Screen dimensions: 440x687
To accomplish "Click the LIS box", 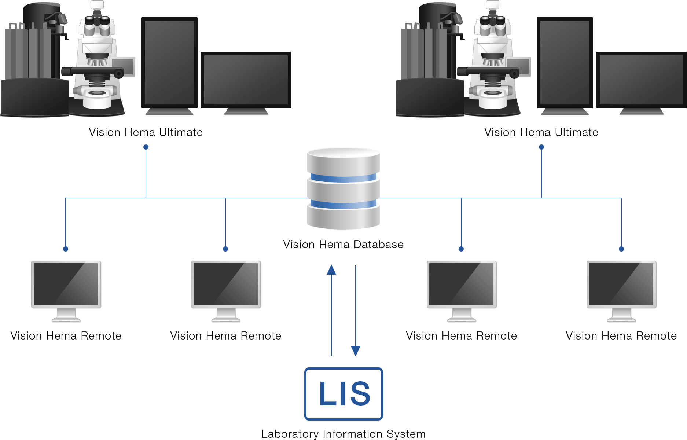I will (x=343, y=393).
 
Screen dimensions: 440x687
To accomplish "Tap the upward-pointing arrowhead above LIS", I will (x=331, y=270).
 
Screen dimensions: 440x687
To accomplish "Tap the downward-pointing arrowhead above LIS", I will (x=356, y=351).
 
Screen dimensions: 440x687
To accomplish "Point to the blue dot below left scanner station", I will (x=146, y=147).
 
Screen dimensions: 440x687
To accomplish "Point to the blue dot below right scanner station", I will (x=541, y=147).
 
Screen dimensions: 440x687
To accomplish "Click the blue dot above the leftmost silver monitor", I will (x=66, y=249).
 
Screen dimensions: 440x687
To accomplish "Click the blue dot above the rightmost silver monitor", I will (x=621, y=249).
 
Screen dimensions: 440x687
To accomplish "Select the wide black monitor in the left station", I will (x=246, y=80).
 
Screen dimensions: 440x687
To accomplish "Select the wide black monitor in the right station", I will (x=642, y=80).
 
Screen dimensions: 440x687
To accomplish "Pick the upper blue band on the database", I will (x=343, y=178).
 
